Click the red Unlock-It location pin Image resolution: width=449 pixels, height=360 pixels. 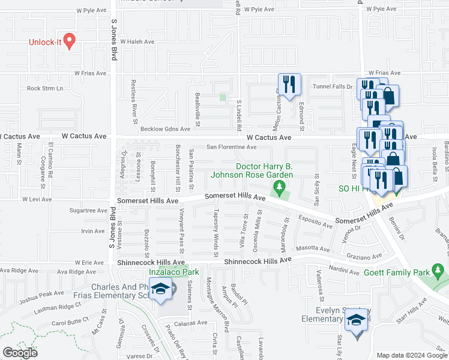click(x=69, y=41)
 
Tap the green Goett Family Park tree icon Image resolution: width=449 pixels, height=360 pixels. click(x=440, y=272)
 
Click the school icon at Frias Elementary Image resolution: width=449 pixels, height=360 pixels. click(x=160, y=290)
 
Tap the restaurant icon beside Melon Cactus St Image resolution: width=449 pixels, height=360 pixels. click(x=289, y=85)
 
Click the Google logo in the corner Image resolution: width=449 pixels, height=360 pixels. click(x=20, y=353)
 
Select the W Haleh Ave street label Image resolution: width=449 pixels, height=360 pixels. click(x=137, y=42)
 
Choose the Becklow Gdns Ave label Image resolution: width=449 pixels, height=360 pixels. click(x=165, y=129)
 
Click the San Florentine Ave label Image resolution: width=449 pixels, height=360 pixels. click(x=232, y=146)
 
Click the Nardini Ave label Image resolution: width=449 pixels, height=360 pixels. click(x=345, y=270)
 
